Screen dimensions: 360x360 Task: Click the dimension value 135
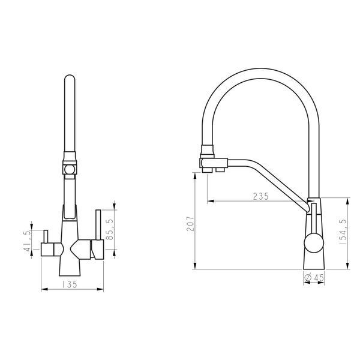pyautogui.click(x=70, y=284)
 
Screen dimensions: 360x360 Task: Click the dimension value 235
pyautogui.click(x=260, y=196)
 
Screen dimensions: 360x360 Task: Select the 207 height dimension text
pyautogui.click(x=190, y=223)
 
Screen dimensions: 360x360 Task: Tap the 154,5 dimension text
pyautogui.click(x=343, y=232)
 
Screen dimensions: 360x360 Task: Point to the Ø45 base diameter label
pyautogui.click(x=314, y=278)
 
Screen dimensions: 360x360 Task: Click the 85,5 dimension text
pyautogui.click(x=110, y=229)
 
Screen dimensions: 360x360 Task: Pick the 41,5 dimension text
pyautogui.click(x=27, y=241)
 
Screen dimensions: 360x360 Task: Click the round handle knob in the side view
pyautogui.click(x=314, y=242)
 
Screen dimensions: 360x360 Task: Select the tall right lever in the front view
pyautogui.click(x=98, y=225)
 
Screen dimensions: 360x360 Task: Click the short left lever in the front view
pyautogui.click(x=46, y=236)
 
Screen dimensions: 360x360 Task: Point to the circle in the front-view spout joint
pyautogui.click(x=70, y=170)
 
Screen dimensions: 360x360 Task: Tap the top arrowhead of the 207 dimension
pyautogui.click(x=195, y=176)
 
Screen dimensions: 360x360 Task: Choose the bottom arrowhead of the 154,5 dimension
pyautogui.click(x=348, y=266)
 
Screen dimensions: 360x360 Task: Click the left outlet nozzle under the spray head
pyautogui.click(x=207, y=170)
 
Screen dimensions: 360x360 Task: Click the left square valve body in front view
pyautogui.click(x=47, y=250)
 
